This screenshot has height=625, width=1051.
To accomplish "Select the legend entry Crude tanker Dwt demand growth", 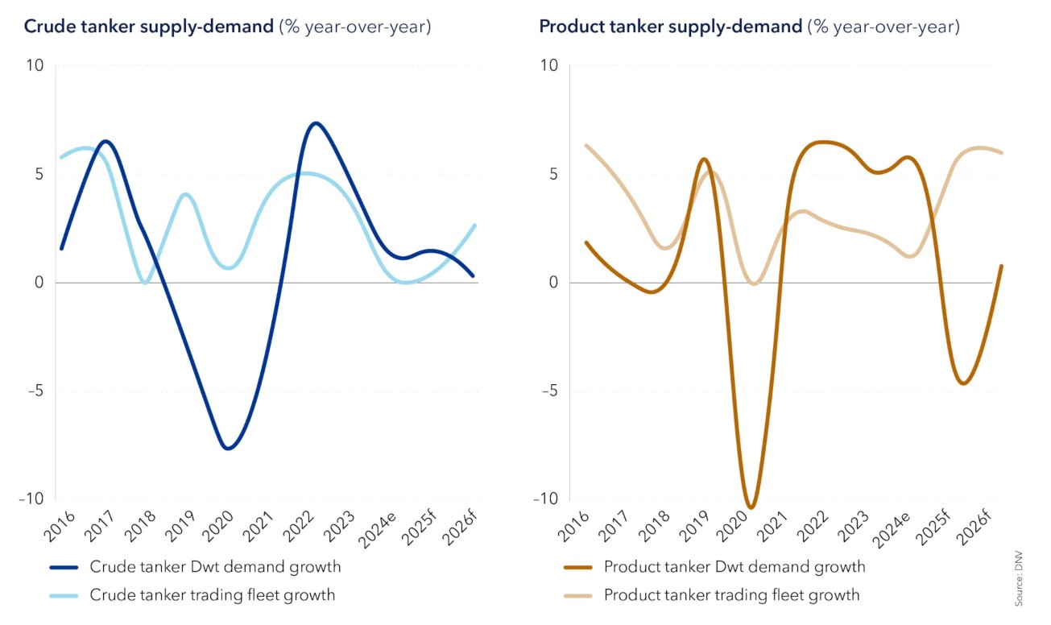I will coord(215,567).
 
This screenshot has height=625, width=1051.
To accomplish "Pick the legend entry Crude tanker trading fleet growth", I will coord(213,596).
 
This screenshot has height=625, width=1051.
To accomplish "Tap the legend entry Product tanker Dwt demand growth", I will coord(734,567).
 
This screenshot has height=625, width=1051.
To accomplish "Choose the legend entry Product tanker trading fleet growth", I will coord(731,596).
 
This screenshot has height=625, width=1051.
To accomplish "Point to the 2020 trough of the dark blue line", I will coord(229,448).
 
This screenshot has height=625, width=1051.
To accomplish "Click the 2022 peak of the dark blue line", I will coord(315,123).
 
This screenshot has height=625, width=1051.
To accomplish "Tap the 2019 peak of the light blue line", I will coord(185,194).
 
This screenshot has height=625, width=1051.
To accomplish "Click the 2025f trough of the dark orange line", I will coord(963,383).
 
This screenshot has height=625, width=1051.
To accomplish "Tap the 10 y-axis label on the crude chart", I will coord(36,65).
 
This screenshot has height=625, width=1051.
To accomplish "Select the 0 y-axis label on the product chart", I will coord(552,283).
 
